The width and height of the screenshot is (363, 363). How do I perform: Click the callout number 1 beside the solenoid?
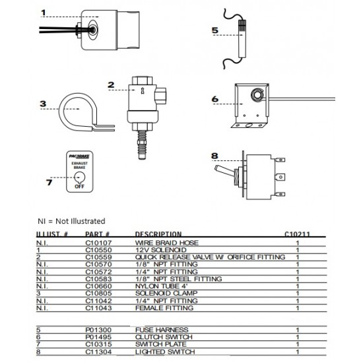coord(44,13)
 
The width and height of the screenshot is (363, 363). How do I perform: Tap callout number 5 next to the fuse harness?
coord(215,30)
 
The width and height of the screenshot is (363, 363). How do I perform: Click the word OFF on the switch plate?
coord(79,186)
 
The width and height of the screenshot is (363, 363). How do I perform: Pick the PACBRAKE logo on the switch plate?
coord(79,156)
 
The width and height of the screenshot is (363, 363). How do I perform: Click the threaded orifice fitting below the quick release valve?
coord(142,145)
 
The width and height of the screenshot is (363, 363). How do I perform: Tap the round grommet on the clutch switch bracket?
coord(257,95)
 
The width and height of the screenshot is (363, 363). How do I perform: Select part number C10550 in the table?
coord(98,250)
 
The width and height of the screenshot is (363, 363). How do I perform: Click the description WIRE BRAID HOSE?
coord(167,243)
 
